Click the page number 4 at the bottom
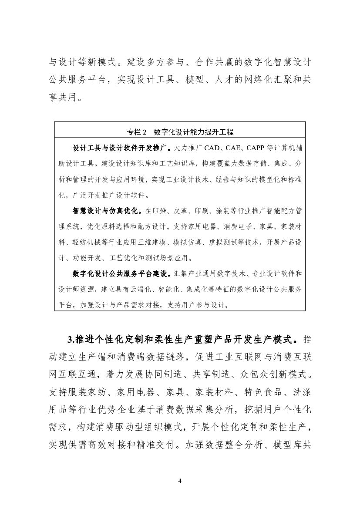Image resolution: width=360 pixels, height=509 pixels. click(x=180, y=481)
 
